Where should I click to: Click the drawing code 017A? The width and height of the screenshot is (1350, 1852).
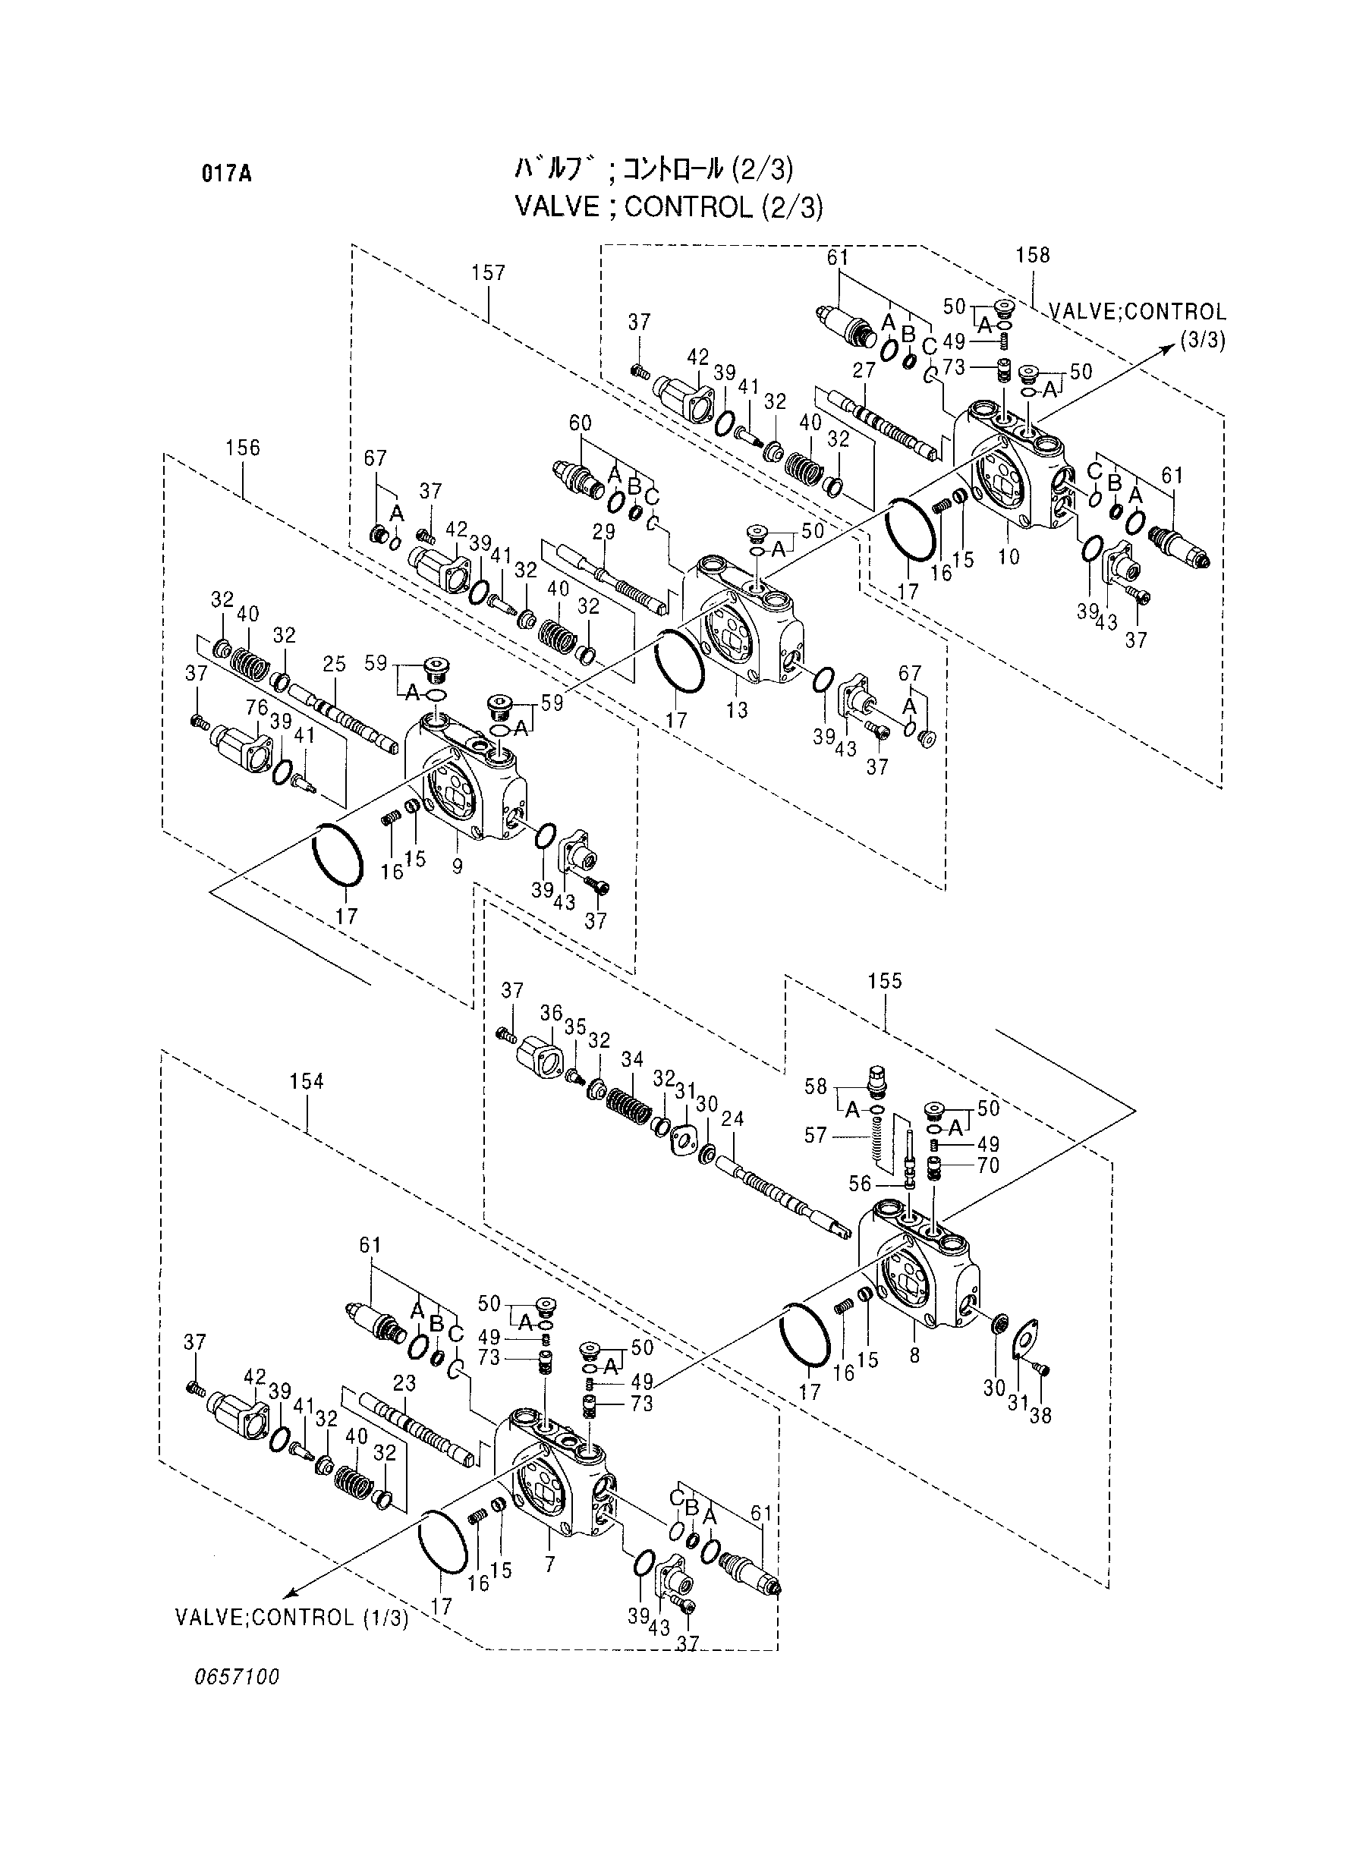click(226, 174)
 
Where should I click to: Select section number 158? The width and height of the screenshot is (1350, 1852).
click(1032, 255)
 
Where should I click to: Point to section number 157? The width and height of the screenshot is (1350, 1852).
click(488, 273)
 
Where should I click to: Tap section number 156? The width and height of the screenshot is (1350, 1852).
click(243, 448)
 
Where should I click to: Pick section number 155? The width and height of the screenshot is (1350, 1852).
click(885, 981)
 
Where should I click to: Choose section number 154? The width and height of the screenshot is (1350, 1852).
click(307, 1082)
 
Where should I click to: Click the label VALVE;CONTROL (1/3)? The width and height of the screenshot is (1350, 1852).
click(291, 1618)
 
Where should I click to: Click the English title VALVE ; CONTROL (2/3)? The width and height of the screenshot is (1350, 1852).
click(669, 207)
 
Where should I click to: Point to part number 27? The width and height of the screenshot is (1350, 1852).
click(864, 370)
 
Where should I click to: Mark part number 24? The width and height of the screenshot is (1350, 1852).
click(733, 1119)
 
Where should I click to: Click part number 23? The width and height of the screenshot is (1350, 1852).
click(404, 1383)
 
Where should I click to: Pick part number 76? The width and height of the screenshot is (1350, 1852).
click(256, 707)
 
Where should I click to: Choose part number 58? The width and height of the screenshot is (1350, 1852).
click(816, 1086)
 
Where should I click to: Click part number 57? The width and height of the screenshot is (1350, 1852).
click(816, 1135)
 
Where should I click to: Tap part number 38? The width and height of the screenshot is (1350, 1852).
click(1040, 1416)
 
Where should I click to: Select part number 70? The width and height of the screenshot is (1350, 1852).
click(988, 1166)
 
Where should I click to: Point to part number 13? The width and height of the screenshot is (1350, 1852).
click(737, 710)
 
